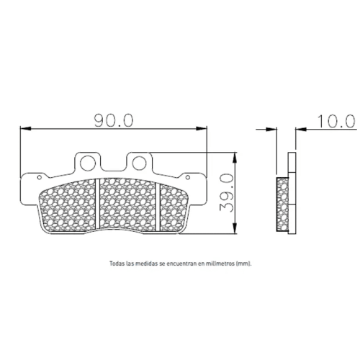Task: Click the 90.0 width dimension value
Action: pos(114,120)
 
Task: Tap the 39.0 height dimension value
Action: pos(226,193)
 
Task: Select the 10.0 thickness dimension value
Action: pos(336,121)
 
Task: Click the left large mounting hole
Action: pos(88,163)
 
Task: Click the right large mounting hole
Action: pos(140,163)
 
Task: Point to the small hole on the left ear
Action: pos(40,177)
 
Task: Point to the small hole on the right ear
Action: pos(188,177)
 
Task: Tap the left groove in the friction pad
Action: pos(98,204)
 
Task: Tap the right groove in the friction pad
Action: pos(158,207)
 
